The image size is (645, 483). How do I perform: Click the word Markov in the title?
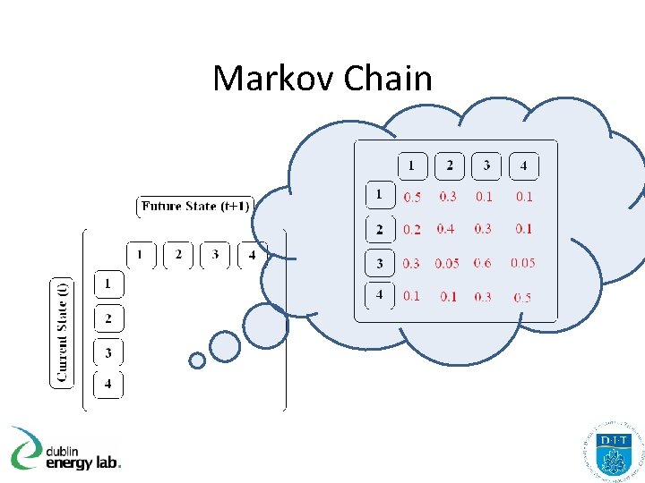click(x=264, y=79)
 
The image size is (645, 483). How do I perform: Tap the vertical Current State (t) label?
click(x=62, y=332)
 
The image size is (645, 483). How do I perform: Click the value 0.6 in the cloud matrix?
click(x=483, y=263)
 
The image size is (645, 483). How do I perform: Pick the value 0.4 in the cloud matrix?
click(x=445, y=229)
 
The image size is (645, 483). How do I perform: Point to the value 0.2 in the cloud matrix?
click(x=411, y=230)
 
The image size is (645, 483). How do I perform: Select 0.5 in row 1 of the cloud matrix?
click(x=412, y=197)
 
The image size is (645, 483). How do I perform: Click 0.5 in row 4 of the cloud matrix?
click(x=522, y=297)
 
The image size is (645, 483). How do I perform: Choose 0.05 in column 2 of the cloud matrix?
click(x=447, y=263)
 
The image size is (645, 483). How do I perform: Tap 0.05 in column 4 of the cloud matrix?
click(x=522, y=263)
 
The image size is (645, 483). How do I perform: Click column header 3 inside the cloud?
click(x=486, y=165)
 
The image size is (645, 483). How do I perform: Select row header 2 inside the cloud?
click(x=379, y=229)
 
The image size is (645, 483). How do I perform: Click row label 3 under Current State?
click(x=108, y=352)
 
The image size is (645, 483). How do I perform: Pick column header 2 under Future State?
click(x=178, y=256)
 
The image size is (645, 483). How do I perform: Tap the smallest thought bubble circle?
click(x=197, y=360)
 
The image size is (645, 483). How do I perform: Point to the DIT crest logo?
click(x=614, y=453)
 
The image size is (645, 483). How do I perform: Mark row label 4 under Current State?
click(x=108, y=386)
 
